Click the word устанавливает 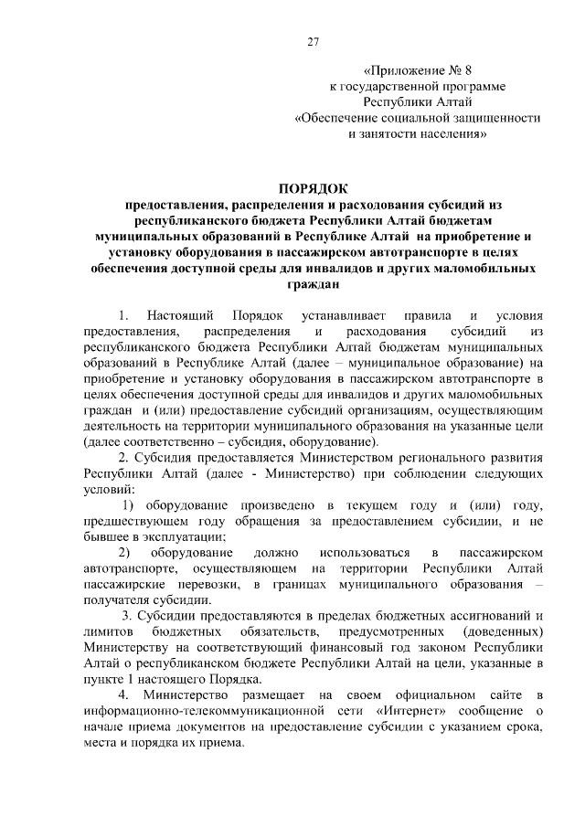click(318, 315)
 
